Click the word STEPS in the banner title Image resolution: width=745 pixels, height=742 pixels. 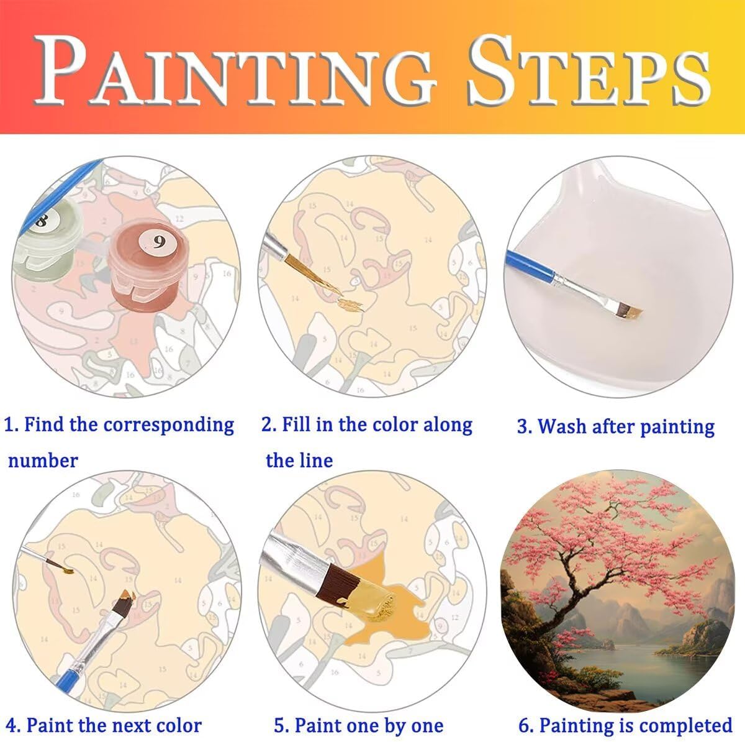(589, 70)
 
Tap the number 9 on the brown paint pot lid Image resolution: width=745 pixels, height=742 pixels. (158, 242)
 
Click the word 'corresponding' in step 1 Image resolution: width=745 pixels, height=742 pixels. (169, 426)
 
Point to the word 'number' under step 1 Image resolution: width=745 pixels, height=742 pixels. (43, 460)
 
